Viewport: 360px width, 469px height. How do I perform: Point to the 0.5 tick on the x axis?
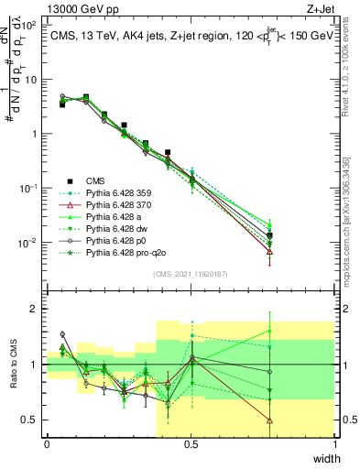(191, 443)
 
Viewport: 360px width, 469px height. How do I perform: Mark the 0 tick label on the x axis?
(47, 443)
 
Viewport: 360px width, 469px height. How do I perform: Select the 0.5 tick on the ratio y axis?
(32, 420)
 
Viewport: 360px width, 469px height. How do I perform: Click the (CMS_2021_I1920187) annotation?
(191, 273)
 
